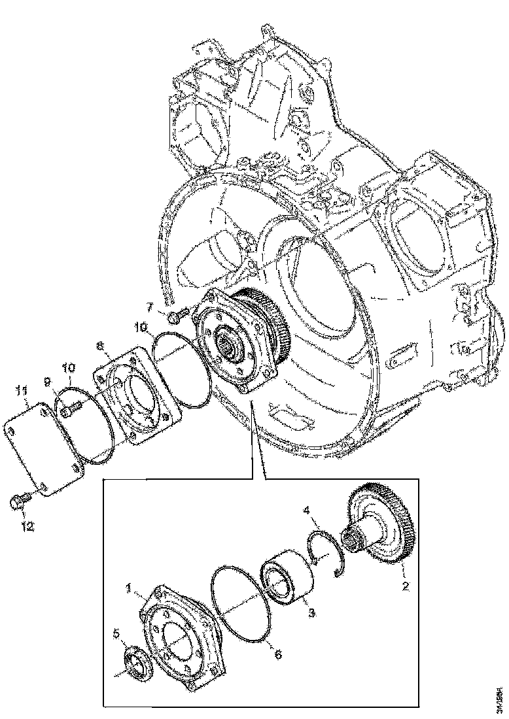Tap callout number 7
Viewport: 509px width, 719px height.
click(149, 306)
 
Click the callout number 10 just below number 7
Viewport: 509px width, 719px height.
click(143, 325)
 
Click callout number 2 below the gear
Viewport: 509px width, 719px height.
click(406, 586)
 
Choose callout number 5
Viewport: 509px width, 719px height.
click(116, 633)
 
